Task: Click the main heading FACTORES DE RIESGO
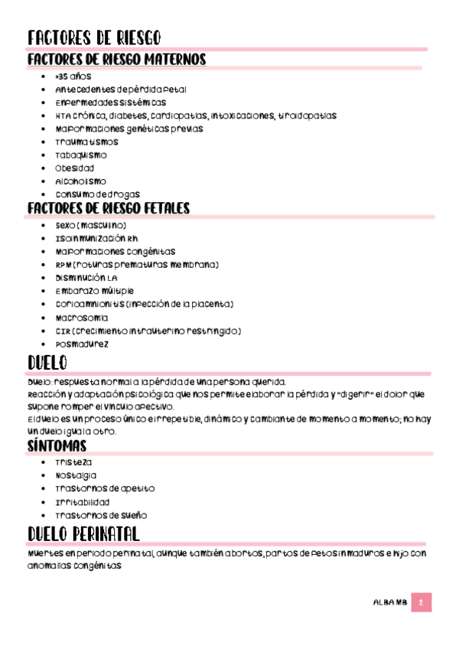[x=93, y=38]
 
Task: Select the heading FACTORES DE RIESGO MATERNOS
[x=116, y=60]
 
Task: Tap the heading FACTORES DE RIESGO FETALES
[x=109, y=209]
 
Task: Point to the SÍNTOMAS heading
[x=57, y=446]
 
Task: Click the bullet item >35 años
[x=73, y=77]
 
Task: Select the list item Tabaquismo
[x=81, y=155]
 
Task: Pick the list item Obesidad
[x=74, y=168]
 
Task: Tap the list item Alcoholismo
[x=80, y=181]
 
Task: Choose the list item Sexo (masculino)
[x=90, y=226]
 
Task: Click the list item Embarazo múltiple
[x=94, y=291]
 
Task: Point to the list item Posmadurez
[x=82, y=344]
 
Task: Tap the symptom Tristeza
[x=73, y=462]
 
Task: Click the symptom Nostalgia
[x=76, y=475]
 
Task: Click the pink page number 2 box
[x=421, y=603]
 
